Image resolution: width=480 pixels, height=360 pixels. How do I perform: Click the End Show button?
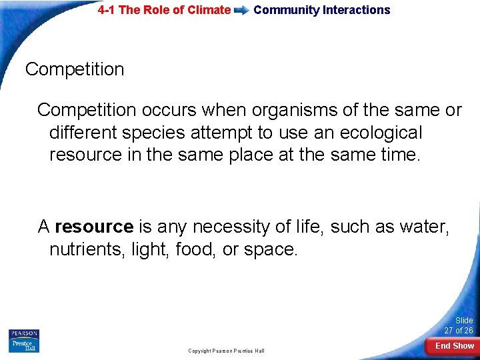coord(454,346)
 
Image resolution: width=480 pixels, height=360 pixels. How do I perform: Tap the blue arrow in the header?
coord(242,10)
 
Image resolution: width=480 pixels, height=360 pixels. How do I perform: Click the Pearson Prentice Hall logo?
coord(24,341)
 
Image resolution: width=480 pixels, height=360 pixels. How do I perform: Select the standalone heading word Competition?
coord(75,69)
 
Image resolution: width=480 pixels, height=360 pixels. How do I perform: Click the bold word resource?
coord(94,227)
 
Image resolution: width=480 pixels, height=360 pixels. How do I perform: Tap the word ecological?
coord(381,133)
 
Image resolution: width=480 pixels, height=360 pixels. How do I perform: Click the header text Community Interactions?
coord(322,10)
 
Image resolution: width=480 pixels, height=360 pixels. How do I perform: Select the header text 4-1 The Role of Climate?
coord(164,10)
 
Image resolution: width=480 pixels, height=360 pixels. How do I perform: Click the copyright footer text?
coord(226,351)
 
